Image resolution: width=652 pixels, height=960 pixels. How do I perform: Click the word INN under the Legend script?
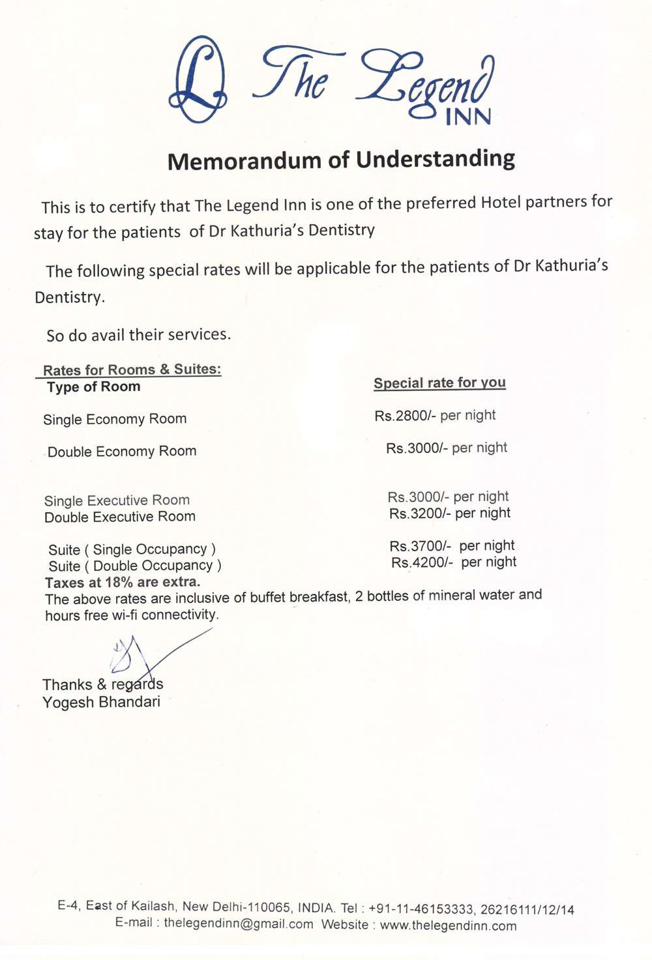467,117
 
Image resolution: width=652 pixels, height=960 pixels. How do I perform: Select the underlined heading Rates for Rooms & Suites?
132,370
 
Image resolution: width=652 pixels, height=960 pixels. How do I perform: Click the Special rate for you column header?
439,383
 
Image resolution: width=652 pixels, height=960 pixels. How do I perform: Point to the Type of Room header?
93,387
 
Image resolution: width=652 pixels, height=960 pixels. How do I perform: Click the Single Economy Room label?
115,419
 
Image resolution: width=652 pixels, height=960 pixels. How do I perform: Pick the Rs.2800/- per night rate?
435,415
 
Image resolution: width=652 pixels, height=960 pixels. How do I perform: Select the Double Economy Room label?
122,452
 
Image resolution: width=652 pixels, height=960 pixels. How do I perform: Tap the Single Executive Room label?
117,501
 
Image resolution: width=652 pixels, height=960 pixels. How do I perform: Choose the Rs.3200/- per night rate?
450,514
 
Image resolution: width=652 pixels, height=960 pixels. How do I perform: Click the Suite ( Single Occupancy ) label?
132,549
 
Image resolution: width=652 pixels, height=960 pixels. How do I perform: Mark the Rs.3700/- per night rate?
452,545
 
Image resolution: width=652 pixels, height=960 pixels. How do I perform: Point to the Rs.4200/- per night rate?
454,562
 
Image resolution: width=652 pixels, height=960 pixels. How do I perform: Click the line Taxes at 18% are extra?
123,582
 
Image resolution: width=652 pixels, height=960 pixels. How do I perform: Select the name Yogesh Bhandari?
101,702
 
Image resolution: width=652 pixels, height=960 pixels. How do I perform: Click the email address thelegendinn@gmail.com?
238,924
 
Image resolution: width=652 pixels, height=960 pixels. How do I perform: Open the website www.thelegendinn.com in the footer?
448,925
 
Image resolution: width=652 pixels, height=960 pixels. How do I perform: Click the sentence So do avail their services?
138,335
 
